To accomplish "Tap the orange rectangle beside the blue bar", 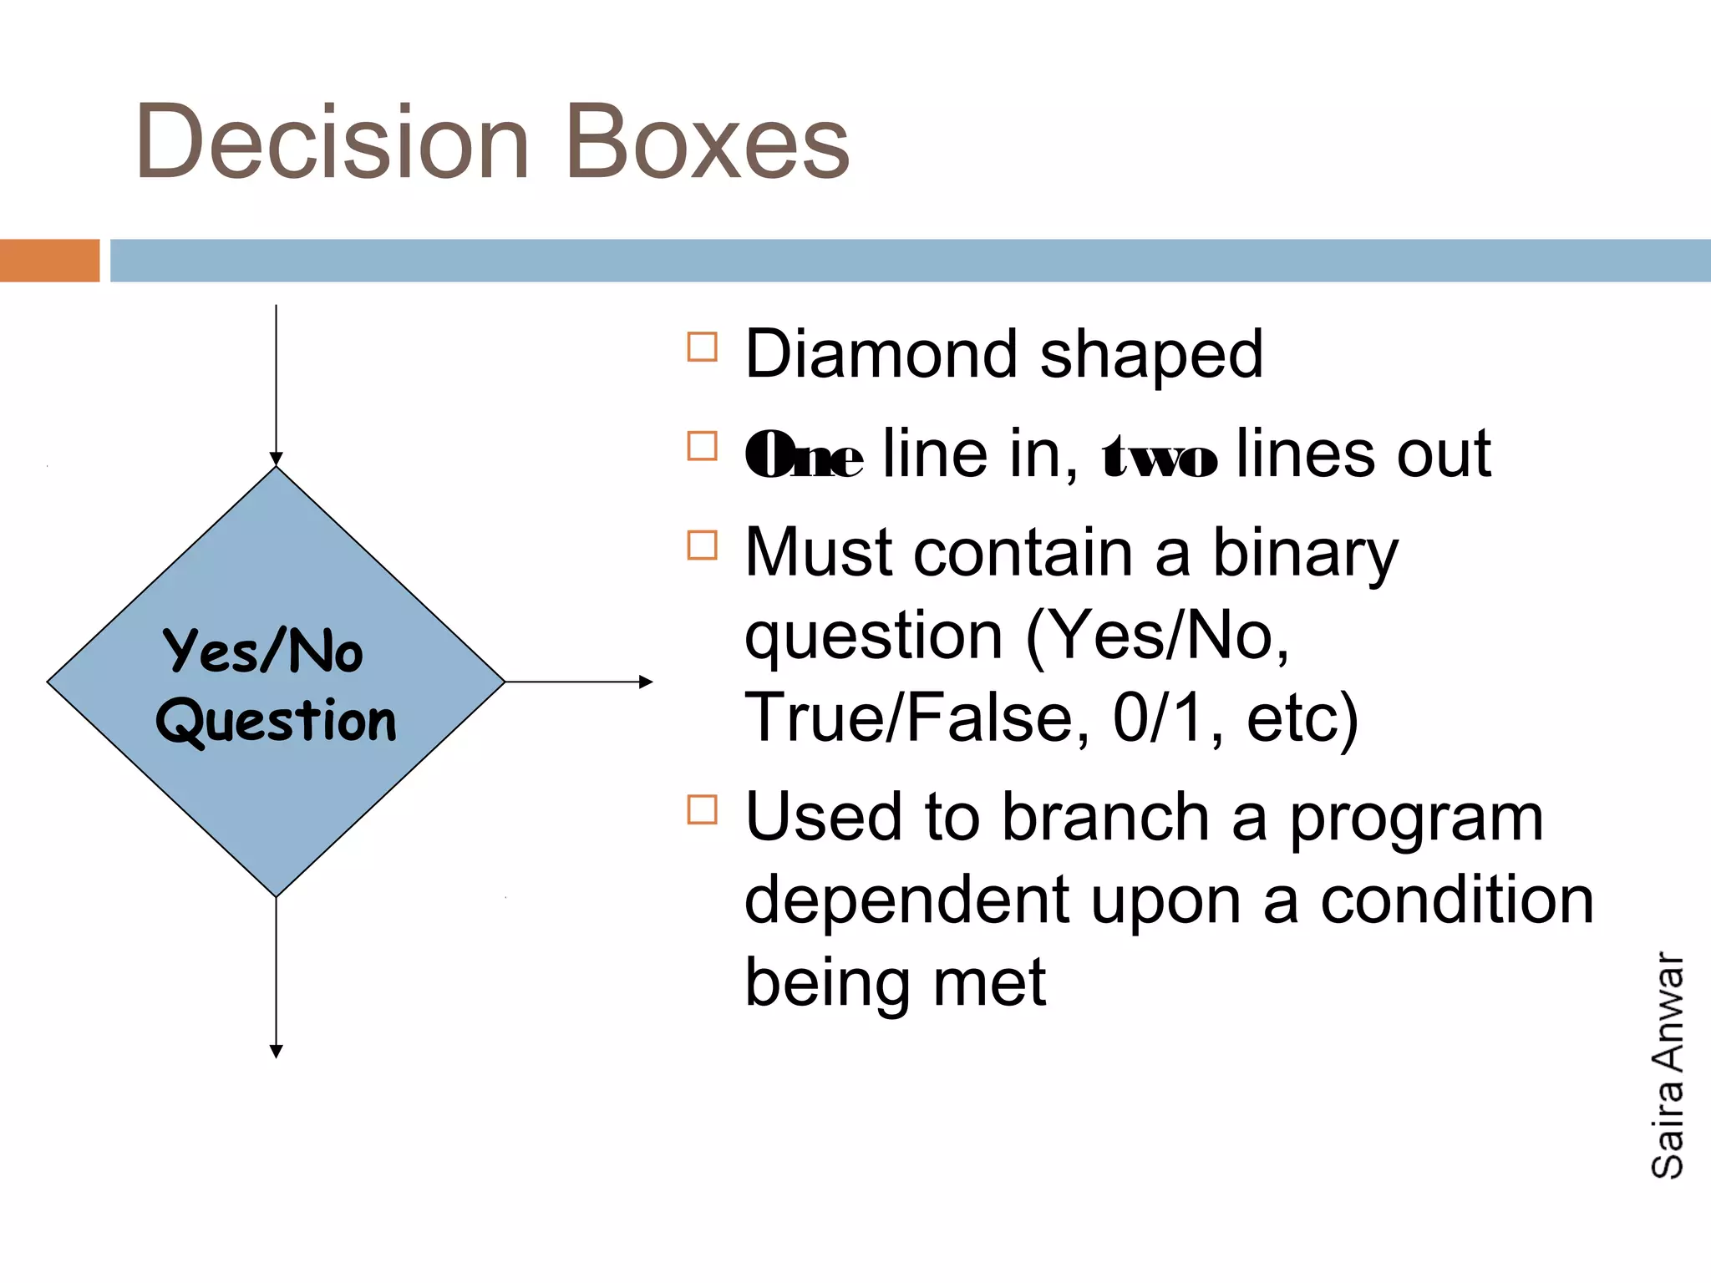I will pyautogui.click(x=49, y=261).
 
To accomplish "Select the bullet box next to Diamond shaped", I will pyautogui.click(x=702, y=347).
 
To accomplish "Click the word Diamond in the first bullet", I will pyautogui.click(x=881, y=354).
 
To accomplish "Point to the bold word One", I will pyautogui.click(x=803, y=456).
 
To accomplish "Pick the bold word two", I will pyautogui.click(x=1160, y=456).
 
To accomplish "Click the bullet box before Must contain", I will pyautogui.click(x=702, y=545).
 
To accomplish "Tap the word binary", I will pyautogui.click(x=1304, y=555).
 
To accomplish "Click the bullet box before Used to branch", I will pyautogui.click(x=702, y=809).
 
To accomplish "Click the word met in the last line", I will pyautogui.click(x=989, y=982).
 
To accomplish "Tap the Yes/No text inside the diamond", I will pyautogui.click(x=263, y=651).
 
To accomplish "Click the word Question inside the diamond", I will pyautogui.click(x=276, y=721).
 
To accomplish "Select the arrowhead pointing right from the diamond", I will pyautogui.click(x=646, y=682).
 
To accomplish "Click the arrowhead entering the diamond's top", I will pyautogui.click(x=276, y=459).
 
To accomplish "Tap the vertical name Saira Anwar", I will pyautogui.click(x=1668, y=1064).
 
